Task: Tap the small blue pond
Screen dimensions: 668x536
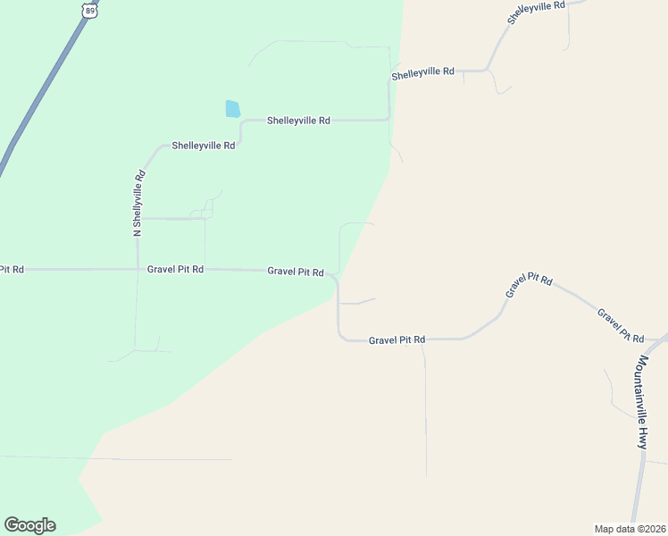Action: (x=233, y=109)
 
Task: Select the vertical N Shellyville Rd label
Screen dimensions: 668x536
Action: (x=138, y=204)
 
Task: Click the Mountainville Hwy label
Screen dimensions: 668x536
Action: (x=643, y=401)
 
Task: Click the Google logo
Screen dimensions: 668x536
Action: (x=29, y=525)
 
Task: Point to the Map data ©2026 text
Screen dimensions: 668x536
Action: (x=630, y=528)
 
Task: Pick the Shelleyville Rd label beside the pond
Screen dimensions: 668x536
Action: (x=298, y=120)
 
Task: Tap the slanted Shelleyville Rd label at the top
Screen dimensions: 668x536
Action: (x=536, y=13)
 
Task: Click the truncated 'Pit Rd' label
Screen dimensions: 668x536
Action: (x=12, y=269)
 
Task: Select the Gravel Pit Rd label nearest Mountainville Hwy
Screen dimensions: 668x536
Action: (x=621, y=325)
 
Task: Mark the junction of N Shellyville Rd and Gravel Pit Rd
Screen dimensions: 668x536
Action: (x=138, y=268)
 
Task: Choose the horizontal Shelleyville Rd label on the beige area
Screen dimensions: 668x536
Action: (x=423, y=72)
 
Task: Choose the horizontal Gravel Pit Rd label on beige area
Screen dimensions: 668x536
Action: (x=397, y=339)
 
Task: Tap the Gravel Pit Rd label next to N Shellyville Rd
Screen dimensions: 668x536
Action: (x=176, y=269)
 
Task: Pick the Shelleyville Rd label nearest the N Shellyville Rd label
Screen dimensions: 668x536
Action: (x=204, y=145)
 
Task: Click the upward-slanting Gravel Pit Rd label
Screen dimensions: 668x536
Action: (x=529, y=286)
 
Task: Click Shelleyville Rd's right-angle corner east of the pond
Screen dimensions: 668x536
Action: (x=388, y=119)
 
